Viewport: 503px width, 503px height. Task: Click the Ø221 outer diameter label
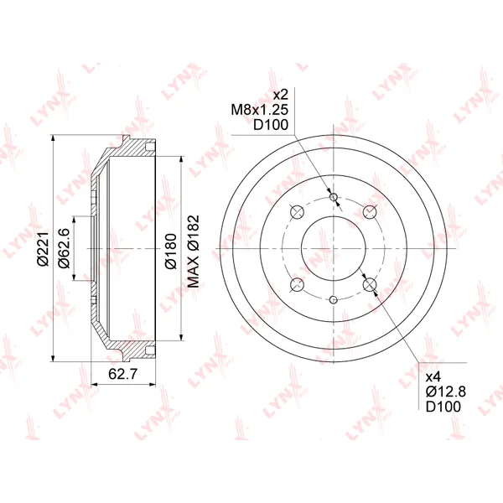point(43,249)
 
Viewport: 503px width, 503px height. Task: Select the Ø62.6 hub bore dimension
point(64,248)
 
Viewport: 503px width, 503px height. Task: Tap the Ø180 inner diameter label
point(171,251)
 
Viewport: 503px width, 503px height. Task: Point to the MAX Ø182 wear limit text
point(193,251)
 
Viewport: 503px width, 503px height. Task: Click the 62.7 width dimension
point(123,374)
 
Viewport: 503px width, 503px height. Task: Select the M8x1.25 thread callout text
point(260,110)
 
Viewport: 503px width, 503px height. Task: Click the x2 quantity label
point(280,95)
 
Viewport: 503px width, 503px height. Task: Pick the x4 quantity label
point(433,376)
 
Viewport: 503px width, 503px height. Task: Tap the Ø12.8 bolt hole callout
point(446,392)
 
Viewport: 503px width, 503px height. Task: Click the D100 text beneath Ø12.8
point(443,407)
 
